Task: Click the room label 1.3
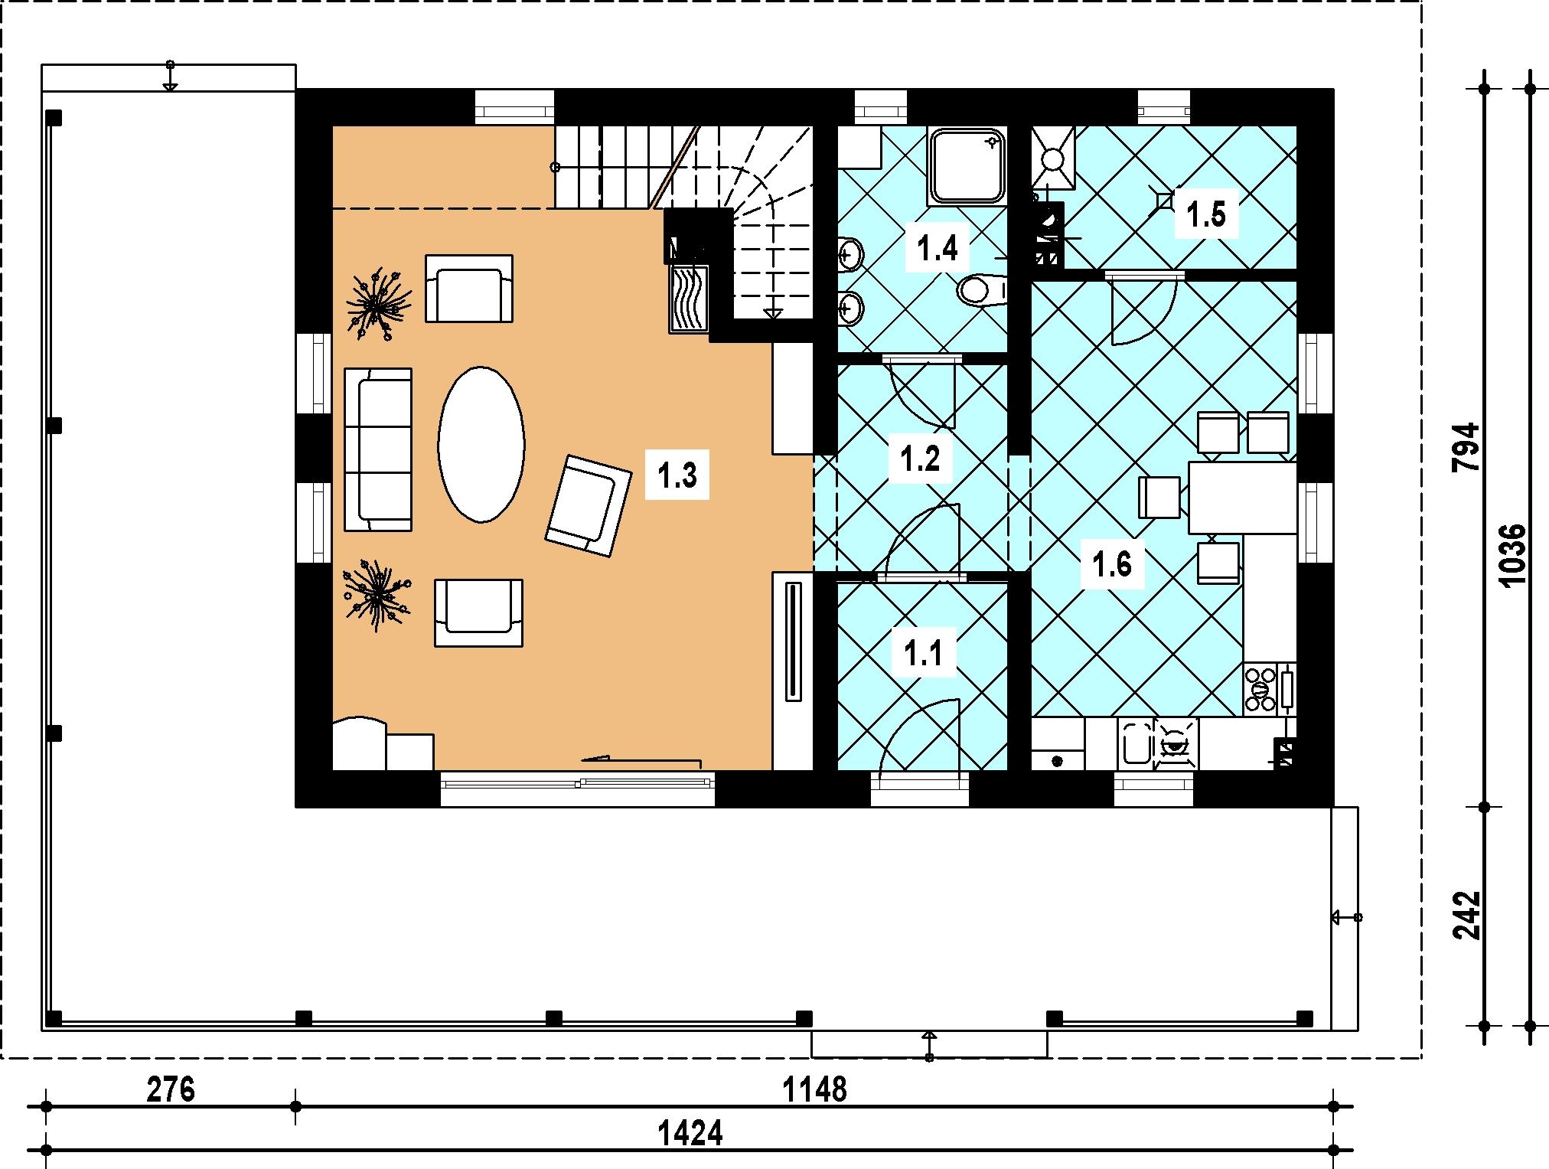click(677, 476)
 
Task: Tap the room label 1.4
click(938, 249)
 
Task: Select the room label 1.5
click(1207, 214)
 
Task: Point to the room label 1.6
click(1112, 565)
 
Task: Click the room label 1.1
click(925, 654)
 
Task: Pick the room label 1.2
click(920, 459)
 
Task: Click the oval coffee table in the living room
click(481, 445)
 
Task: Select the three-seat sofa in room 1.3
click(378, 449)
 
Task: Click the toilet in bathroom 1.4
click(981, 290)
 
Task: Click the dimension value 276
click(171, 1089)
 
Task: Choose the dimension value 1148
click(814, 1089)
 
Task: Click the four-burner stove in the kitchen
click(1260, 689)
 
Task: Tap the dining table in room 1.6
click(1243, 498)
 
